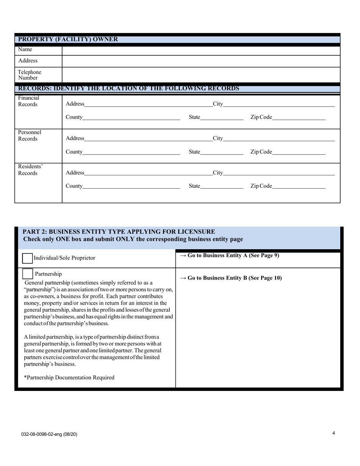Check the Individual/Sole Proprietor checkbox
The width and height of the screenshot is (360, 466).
[27, 258]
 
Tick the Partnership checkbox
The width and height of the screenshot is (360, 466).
[28, 274]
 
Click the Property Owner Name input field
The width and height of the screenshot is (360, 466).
[201, 50]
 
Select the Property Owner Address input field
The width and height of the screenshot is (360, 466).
[201, 61]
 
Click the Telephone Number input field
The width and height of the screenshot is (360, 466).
[201, 75]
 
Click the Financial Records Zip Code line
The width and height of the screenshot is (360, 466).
[299, 117]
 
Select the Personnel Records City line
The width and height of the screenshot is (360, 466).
[279, 139]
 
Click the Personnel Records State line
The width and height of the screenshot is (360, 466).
[222, 152]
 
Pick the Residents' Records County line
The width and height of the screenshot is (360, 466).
[131, 186]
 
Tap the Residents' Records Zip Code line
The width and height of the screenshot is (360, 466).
[299, 186]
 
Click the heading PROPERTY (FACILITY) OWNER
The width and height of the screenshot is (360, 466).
[68, 39]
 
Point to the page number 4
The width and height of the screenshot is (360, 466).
[333, 433]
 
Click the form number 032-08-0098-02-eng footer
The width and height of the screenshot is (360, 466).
[49, 434]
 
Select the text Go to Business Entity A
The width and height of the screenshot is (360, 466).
[229, 255]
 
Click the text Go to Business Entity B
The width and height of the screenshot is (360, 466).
[231, 278]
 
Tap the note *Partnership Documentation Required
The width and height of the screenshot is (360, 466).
[69, 377]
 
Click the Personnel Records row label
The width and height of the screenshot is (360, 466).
[30, 136]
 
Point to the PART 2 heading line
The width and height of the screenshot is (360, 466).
[119, 231]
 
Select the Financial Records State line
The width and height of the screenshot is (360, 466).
[222, 117]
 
